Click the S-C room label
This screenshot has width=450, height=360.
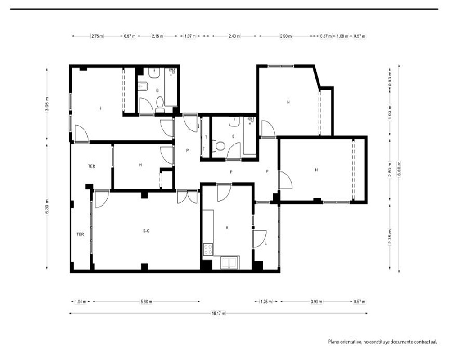146,231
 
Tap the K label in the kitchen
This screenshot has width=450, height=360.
227,228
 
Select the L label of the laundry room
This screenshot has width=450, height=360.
266,243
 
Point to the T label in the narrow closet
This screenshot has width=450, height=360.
206,138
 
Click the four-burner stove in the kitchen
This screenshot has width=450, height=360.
208,249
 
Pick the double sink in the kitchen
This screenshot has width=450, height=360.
229,263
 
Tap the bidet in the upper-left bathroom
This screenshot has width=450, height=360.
143,86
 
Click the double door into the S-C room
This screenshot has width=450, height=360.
187,197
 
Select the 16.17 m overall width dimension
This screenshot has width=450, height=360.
218,313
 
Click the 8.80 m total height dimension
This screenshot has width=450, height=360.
399,169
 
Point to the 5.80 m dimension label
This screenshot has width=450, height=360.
146,301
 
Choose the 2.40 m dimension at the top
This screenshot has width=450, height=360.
234,36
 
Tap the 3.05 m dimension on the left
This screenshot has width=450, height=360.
47,104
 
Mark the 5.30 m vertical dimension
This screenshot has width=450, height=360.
47,207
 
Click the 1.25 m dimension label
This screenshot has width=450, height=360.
266,301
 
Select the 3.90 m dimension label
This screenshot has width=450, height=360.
316,301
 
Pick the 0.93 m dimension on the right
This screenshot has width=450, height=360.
390,79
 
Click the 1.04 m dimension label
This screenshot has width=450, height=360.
81,301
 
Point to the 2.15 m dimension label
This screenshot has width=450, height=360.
157,36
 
